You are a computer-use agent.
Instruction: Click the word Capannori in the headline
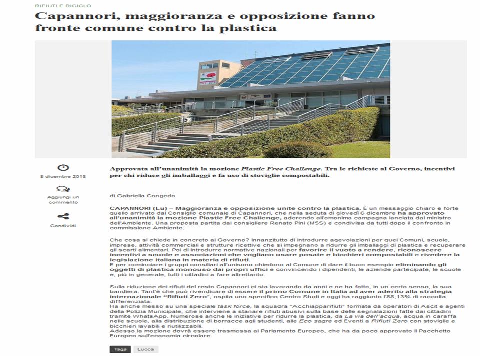pyautogui.click(x=65, y=16)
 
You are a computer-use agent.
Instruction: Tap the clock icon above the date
pyautogui.click(x=63, y=168)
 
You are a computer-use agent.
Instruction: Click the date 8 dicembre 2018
pyautogui.click(x=63, y=177)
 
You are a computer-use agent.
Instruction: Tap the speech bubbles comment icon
pyautogui.click(x=63, y=189)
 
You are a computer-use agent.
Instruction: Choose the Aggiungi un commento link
pyautogui.click(x=63, y=199)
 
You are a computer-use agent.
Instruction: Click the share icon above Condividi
pyautogui.click(x=63, y=216)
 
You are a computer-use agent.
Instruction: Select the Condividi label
pyautogui.click(x=63, y=226)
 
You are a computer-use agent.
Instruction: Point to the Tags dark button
pyautogui.click(x=120, y=349)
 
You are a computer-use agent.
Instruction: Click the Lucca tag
pyautogui.click(x=146, y=349)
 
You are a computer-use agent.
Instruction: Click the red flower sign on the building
pyautogui.click(x=207, y=76)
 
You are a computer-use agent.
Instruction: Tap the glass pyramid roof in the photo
pyautogui.click(x=310, y=67)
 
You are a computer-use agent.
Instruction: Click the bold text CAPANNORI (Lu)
pyautogui.click(x=131, y=207)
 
